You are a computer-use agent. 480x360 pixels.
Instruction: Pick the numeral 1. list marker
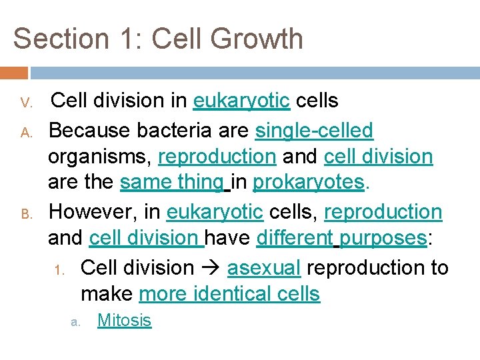point(59,270)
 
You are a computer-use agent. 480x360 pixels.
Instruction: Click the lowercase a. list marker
point(75,322)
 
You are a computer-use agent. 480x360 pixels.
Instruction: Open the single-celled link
point(314,130)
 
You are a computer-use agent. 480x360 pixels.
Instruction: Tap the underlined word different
point(295,238)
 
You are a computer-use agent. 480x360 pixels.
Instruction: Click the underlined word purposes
point(383,238)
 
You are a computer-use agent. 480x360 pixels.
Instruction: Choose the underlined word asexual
point(264,267)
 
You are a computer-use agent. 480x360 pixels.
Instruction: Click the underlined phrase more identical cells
point(229,294)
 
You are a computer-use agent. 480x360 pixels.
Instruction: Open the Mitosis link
point(124,321)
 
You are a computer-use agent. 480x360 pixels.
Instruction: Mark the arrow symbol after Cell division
point(210,268)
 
